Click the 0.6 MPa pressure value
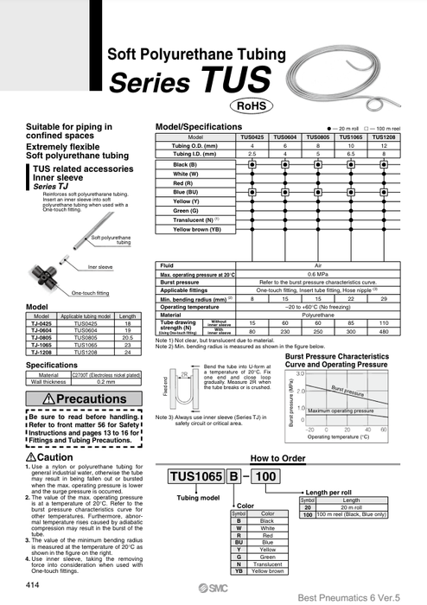[x=318, y=274]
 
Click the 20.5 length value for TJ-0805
[x=127, y=337]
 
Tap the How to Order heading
[x=277, y=459]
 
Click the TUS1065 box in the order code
[x=192, y=476]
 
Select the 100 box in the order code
[x=268, y=476]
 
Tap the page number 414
[x=33, y=585]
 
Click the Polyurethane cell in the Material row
[x=318, y=315]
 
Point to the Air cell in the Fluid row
[x=318, y=266]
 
